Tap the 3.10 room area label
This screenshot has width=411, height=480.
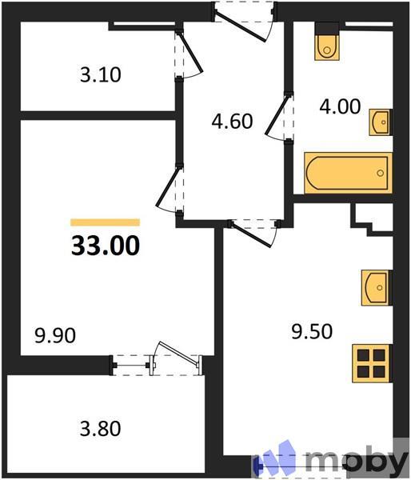click(x=100, y=76)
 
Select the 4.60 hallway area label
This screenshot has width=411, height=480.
click(x=232, y=122)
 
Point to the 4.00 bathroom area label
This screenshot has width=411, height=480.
click(x=340, y=105)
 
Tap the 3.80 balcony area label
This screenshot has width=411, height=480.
click(x=100, y=428)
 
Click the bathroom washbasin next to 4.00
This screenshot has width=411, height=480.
click(x=381, y=124)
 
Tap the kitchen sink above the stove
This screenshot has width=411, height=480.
click(x=375, y=287)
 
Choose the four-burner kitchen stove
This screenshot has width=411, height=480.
click(x=372, y=365)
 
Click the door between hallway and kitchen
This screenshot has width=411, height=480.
click(x=254, y=230)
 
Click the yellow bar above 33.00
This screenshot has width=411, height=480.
click(x=105, y=222)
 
